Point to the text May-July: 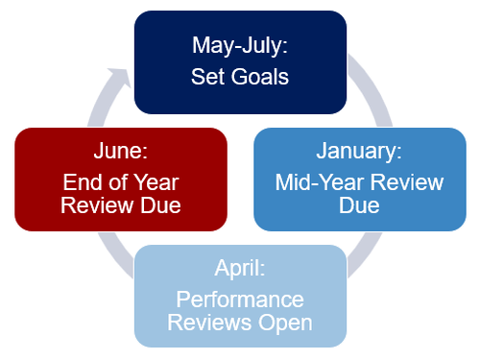(x=240, y=46)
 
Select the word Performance (x=240, y=300)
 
